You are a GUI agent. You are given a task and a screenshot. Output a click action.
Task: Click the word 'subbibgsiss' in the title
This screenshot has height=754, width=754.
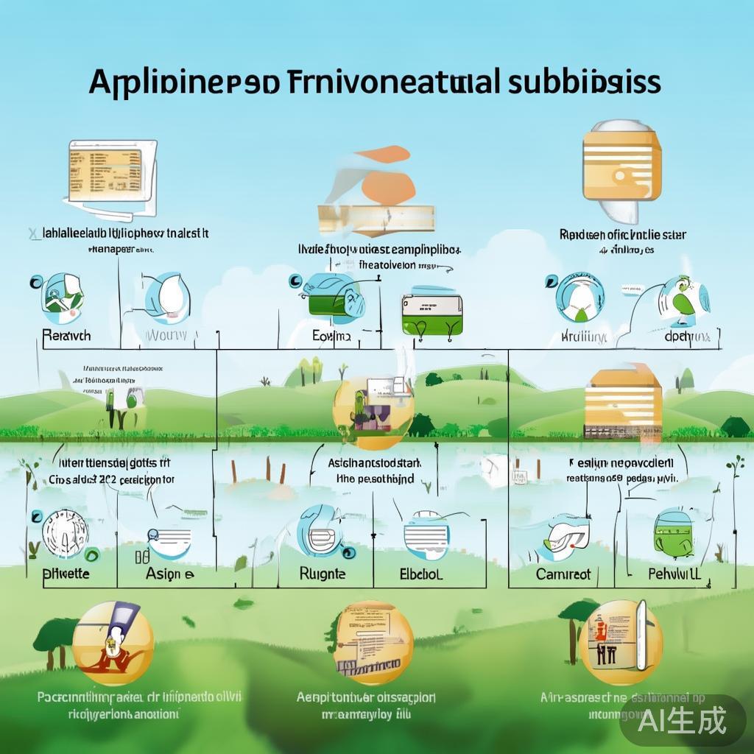click(584, 82)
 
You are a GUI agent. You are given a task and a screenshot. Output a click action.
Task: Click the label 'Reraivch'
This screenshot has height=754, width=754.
click(66, 336)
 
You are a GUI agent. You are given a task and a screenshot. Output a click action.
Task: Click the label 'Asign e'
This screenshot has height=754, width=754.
click(169, 574)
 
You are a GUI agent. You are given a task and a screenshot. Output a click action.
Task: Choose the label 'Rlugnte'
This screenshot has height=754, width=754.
click(323, 573)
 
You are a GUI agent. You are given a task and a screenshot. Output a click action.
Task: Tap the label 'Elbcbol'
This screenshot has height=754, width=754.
click(421, 574)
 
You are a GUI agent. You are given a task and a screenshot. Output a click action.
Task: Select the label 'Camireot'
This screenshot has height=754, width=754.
click(563, 574)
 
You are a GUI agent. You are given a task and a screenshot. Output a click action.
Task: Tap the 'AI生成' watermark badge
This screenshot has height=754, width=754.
click(682, 719)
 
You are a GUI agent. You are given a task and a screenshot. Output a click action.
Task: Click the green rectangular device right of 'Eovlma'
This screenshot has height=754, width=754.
click(431, 315)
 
